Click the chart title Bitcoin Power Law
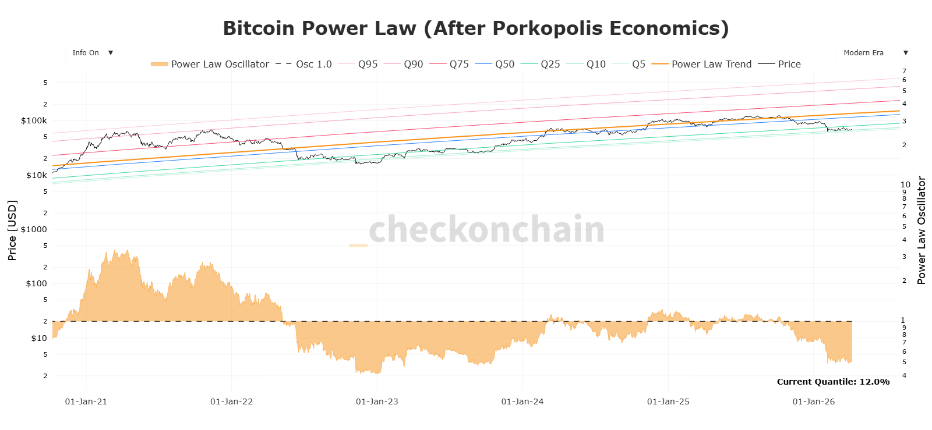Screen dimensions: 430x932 475,29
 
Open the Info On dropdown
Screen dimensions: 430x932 91,53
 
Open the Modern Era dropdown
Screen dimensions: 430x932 874,53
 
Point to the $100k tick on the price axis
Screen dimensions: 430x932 34,120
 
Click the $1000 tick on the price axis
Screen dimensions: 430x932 34,229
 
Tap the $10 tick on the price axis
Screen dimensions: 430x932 39,338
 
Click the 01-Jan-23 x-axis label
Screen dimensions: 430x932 377,401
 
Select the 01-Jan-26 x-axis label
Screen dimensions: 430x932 813,401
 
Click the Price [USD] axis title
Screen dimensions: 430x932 12,230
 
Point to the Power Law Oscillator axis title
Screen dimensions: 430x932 921,230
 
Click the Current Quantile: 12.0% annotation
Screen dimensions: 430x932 833,382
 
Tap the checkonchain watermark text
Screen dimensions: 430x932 486,229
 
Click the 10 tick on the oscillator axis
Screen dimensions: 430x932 905,184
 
